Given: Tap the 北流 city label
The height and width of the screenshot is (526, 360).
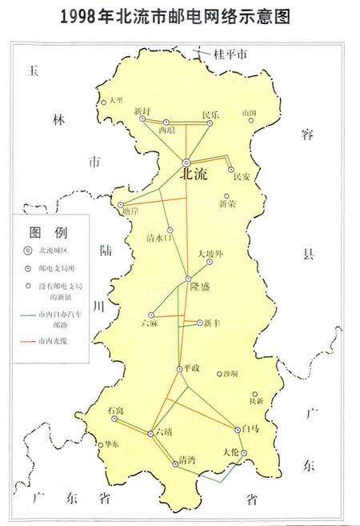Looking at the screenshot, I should click(x=194, y=174).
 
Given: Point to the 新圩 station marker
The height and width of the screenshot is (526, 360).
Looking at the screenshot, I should click(x=142, y=118).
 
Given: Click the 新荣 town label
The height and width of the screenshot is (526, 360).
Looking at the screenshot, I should click(x=227, y=204).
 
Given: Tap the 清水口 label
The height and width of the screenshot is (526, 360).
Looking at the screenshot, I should click(x=159, y=238).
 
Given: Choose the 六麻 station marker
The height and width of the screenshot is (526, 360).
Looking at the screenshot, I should click(x=150, y=315).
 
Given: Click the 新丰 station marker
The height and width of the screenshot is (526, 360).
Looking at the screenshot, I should click(x=199, y=323).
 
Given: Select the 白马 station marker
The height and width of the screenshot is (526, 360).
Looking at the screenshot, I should click(x=237, y=428).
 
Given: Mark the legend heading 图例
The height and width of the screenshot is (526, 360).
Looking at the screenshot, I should click(x=49, y=233).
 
